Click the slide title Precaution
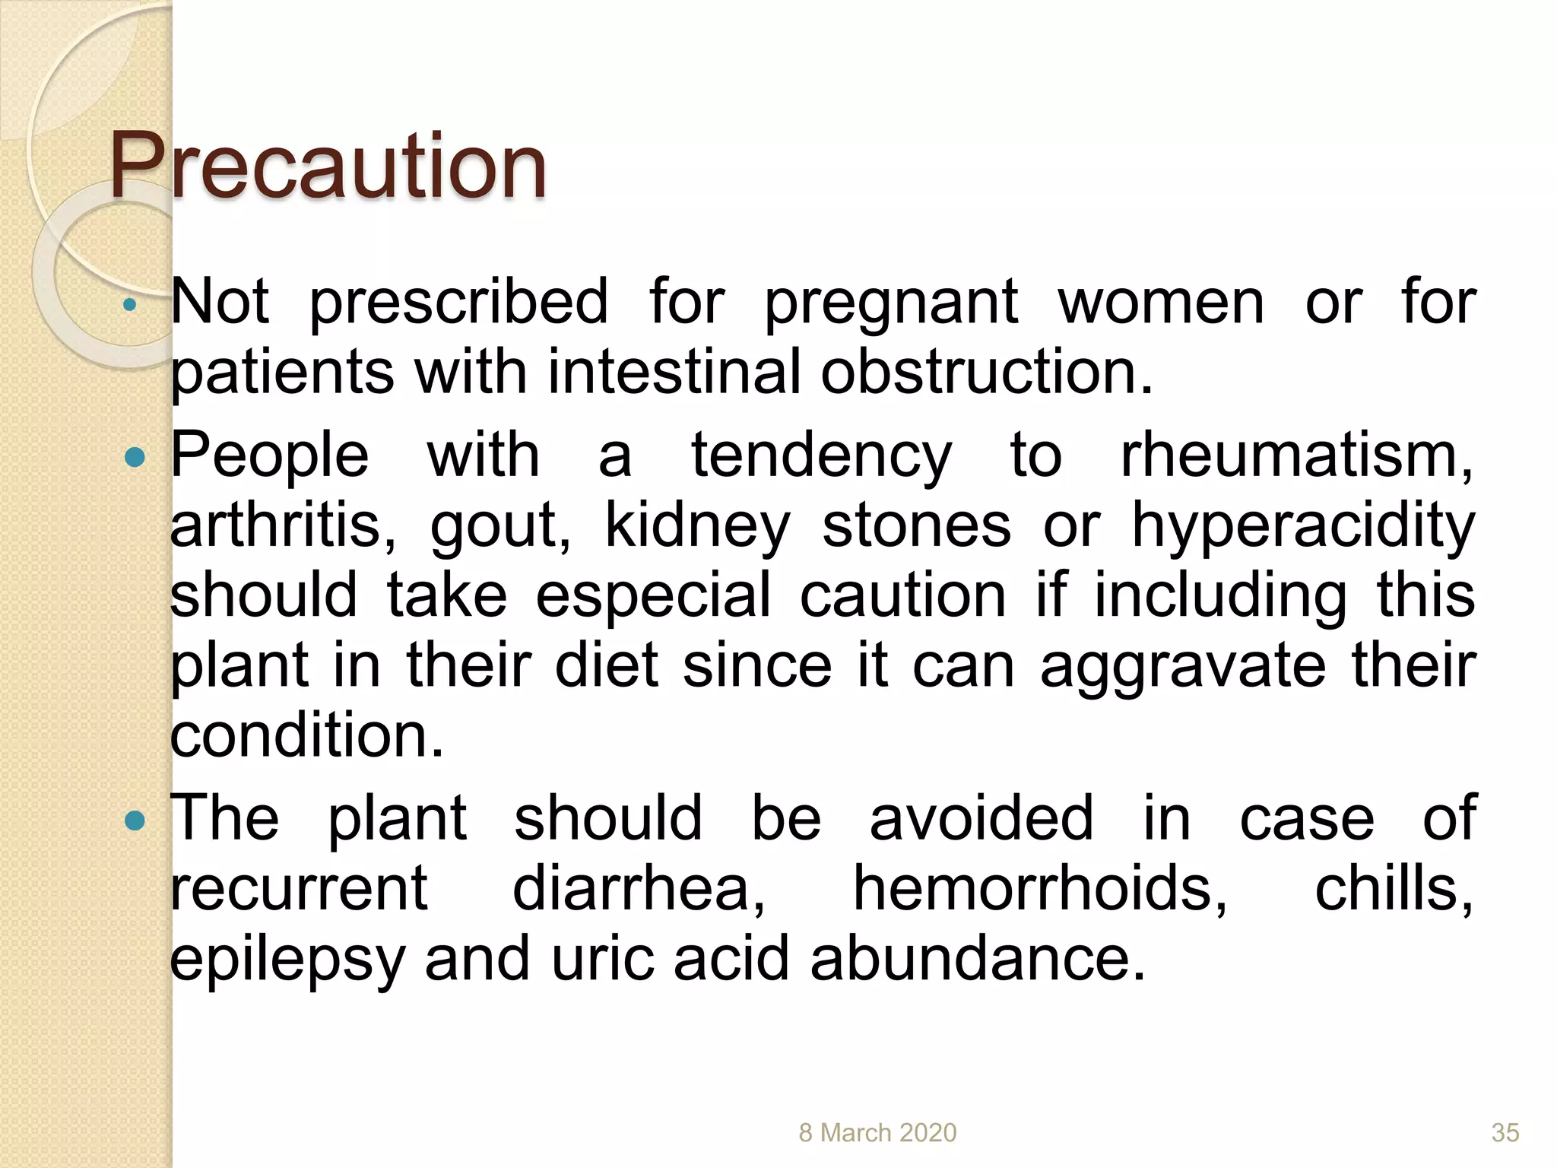click(328, 166)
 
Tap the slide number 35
click(1505, 1132)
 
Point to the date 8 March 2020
click(877, 1132)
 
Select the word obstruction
click(986, 372)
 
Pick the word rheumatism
click(1296, 455)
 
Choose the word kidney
click(697, 527)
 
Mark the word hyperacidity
click(1303, 527)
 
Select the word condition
click(306, 735)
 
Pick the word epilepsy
click(287, 960)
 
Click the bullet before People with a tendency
click(135, 457)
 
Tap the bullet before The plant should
click(135, 820)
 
